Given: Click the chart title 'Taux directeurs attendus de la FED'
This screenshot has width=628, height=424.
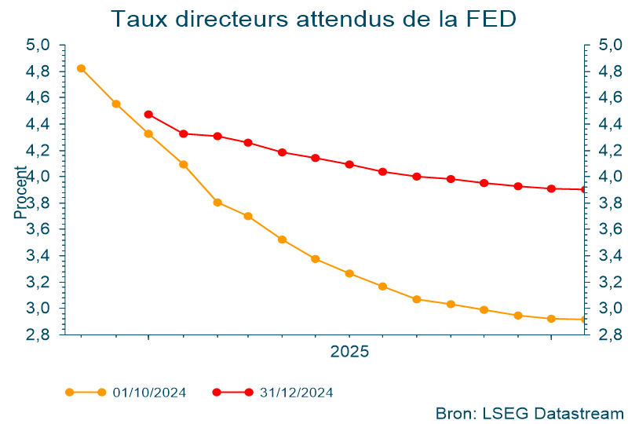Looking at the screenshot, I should (x=314, y=19).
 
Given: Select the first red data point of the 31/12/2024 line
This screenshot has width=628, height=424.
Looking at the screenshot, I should (x=148, y=115).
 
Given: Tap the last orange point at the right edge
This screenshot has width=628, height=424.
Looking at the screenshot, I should (x=583, y=320).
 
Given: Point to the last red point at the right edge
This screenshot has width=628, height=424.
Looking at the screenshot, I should (x=583, y=189).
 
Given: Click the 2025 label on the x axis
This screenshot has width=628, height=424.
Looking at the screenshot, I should (x=349, y=352).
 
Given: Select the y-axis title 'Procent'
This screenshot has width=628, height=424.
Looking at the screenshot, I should (x=21, y=192).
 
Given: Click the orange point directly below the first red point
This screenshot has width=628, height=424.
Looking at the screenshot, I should (x=148, y=134).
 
